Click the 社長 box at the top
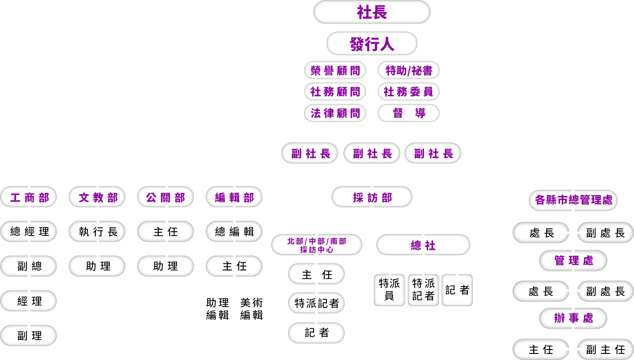(372, 12)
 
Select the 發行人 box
(372, 43)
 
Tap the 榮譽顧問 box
(335, 70)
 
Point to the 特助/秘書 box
(409, 70)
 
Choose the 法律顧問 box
(335, 113)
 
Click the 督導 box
(409, 113)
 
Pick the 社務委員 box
(409, 92)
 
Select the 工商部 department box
(29, 198)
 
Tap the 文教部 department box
(97, 198)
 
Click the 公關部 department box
(165, 198)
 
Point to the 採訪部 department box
(372, 198)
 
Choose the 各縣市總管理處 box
(573, 200)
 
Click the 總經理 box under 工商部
(29, 232)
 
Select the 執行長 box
(97, 232)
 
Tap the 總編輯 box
(234, 232)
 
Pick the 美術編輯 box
(251, 309)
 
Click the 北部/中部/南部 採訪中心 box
(317, 245)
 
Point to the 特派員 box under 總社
(389, 290)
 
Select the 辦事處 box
(573, 318)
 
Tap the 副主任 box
(605, 350)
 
